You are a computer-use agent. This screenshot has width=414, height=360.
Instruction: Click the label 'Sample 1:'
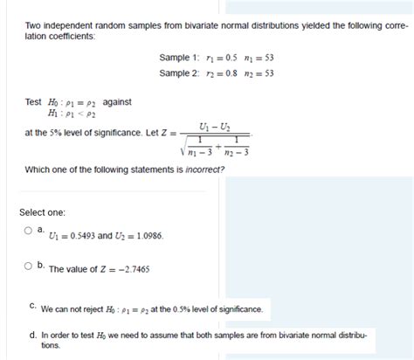pyautogui.click(x=178, y=58)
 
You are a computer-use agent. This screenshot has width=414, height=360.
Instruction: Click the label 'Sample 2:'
pyautogui.click(x=178, y=73)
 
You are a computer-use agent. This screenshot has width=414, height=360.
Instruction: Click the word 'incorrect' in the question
pyautogui.click(x=204, y=169)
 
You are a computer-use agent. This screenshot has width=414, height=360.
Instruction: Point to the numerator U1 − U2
pyautogui.click(x=215, y=127)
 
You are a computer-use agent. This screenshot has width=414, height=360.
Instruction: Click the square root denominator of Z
pyautogui.click(x=215, y=146)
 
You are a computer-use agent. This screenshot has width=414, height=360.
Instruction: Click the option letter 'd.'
pyautogui.click(x=32, y=335)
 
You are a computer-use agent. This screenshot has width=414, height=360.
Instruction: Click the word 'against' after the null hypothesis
pyautogui.click(x=117, y=102)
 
